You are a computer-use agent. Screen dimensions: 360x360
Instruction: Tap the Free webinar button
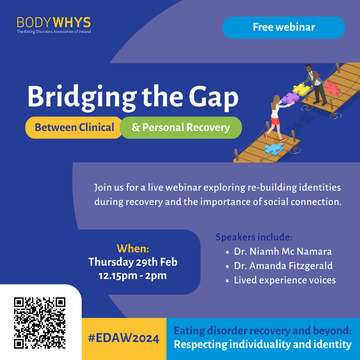click(x=284, y=27)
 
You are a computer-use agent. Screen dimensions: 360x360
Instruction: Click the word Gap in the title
click(x=214, y=98)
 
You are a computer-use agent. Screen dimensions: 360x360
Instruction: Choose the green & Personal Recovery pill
click(x=181, y=127)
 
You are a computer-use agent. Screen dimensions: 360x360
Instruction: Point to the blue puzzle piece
click(x=274, y=149)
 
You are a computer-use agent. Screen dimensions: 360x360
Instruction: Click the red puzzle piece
click(x=332, y=88)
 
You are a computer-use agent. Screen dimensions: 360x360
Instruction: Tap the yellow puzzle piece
click(x=301, y=89)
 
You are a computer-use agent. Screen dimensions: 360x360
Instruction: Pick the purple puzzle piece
click(x=290, y=98)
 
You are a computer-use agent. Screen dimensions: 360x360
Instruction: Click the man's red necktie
click(x=315, y=75)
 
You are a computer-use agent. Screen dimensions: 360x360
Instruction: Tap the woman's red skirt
click(x=275, y=121)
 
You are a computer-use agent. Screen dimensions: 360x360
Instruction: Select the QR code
click(x=39, y=323)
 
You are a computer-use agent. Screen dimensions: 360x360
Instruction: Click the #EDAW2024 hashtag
click(x=124, y=338)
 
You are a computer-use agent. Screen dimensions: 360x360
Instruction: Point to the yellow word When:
click(x=133, y=248)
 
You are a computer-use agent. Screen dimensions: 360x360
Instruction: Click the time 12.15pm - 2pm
click(x=133, y=276)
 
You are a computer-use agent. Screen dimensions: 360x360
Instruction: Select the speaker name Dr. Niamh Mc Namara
click(x=283, y=251)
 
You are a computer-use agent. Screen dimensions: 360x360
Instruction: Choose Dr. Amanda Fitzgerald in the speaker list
click(x=283, y=266)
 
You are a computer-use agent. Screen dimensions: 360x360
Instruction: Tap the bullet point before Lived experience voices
click(x=227, y=281)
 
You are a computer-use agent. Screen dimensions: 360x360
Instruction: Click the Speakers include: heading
click(x=254, y=237)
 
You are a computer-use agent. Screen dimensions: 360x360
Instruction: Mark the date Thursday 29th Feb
click(x=133, y=262)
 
